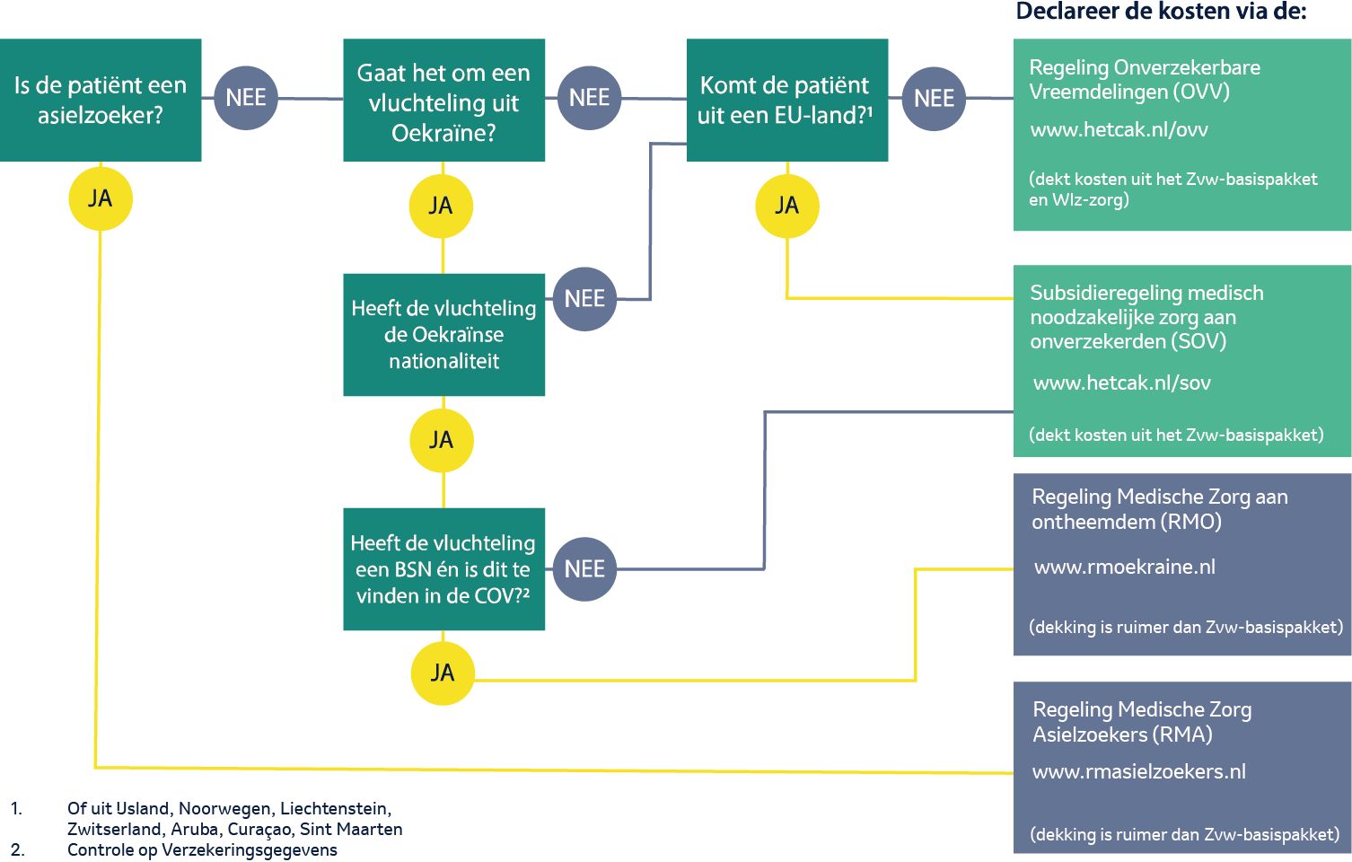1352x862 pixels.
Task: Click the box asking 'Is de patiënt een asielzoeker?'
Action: click(101, 101)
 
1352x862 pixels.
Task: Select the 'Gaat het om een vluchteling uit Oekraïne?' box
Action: click(443, 101)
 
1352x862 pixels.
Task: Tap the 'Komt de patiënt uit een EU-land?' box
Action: click(787, 101)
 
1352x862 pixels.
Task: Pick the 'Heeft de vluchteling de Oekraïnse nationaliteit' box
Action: click(443, 335)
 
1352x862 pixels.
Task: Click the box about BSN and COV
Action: click(443, 569)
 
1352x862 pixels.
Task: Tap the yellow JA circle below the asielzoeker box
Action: click(101, 198)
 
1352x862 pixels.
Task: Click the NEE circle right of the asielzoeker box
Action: click(246, 98)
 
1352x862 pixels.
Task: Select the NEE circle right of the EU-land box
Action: click(934, 99)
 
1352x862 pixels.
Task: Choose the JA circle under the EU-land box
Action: click(787, 206)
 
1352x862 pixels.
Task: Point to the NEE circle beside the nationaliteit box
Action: click(584, 299)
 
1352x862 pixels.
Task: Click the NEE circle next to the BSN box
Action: click(584, 569)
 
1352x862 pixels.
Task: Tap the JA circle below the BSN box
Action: click(443, 673)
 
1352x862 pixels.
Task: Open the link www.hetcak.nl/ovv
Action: click(1119, 130)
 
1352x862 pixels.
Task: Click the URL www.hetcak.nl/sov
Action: click(1122, 383)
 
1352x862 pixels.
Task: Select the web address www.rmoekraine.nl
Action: click(1125, 567)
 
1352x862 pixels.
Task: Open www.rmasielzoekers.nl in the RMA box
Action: click(1139, 771)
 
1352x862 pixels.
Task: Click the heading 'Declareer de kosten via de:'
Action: click(1161, 11)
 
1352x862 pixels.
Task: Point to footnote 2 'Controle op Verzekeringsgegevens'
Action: click(202, 850)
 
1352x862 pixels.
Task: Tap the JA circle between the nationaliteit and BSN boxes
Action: click(441, 440)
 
